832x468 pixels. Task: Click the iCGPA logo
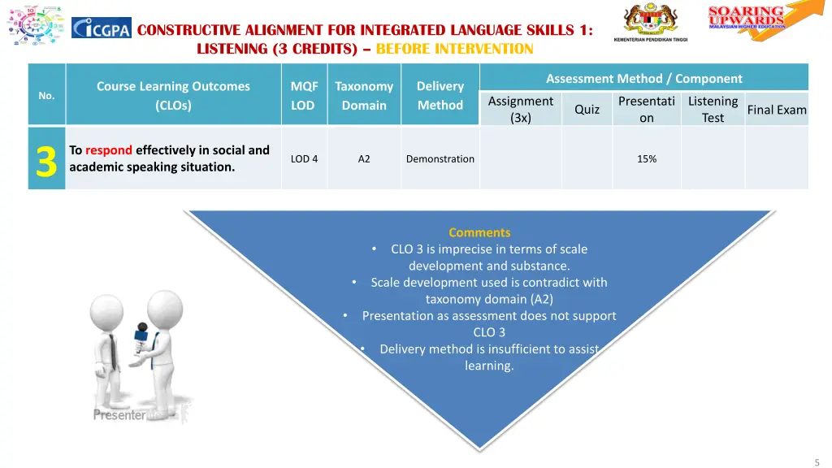(x=101, y=28)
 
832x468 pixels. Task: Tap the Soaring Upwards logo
(x=756, y=18)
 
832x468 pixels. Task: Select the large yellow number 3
(x=46, y=159)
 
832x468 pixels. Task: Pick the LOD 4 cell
(x=304, y=159)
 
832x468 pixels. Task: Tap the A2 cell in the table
(x=364, y=159)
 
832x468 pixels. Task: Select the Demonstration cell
(x=440, y=159)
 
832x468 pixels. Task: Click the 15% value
(x=647, y=159)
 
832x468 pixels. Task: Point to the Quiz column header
(x=587, y=110)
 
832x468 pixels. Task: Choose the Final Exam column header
(x=777, y=110)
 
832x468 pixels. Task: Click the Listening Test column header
(x=713, y=110)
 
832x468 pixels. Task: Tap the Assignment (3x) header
(x=520, y=110)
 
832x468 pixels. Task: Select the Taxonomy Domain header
(x=364, y=96)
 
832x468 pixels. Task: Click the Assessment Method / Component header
(x=643, y=79)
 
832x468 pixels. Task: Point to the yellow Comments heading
(x=479, y=232)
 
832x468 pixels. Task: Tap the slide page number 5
(x=817, y=461)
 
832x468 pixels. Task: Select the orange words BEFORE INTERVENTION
(x=455, y=49)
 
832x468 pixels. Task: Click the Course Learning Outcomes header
(x=173, y=96)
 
